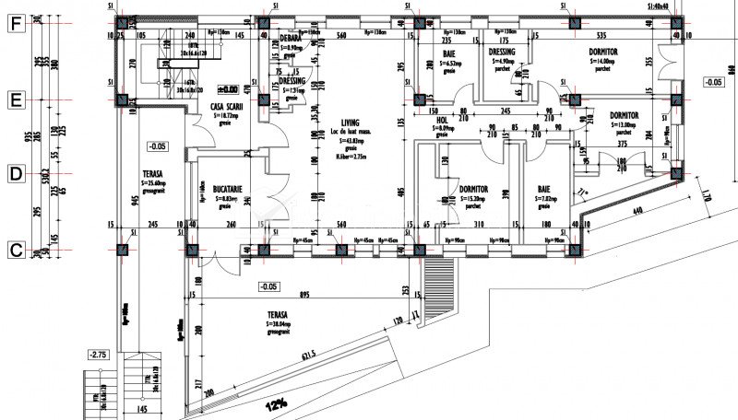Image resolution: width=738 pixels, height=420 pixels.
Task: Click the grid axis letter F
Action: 15,24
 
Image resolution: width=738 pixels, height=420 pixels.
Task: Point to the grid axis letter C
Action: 15,248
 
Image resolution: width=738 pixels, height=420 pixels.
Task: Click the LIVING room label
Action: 350,122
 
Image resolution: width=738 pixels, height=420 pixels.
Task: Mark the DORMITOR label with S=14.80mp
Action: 601,51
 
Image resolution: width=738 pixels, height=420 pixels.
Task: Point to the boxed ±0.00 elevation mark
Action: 227,89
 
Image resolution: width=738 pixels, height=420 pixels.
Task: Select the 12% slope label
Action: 274,404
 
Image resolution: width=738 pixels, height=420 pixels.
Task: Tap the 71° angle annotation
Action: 583,192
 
